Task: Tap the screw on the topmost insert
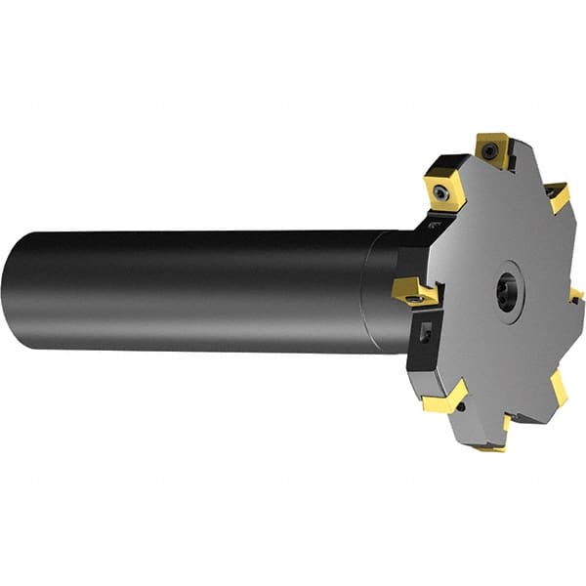(x=493, y=150)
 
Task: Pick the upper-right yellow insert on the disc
(x=558, y=196)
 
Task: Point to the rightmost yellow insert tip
(x=576, y=294)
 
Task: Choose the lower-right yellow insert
(x=558, y=387)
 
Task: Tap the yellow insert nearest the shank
(x=414, y=289)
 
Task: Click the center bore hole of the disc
(x=506, y=294)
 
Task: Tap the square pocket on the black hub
(x=426, y=334)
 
